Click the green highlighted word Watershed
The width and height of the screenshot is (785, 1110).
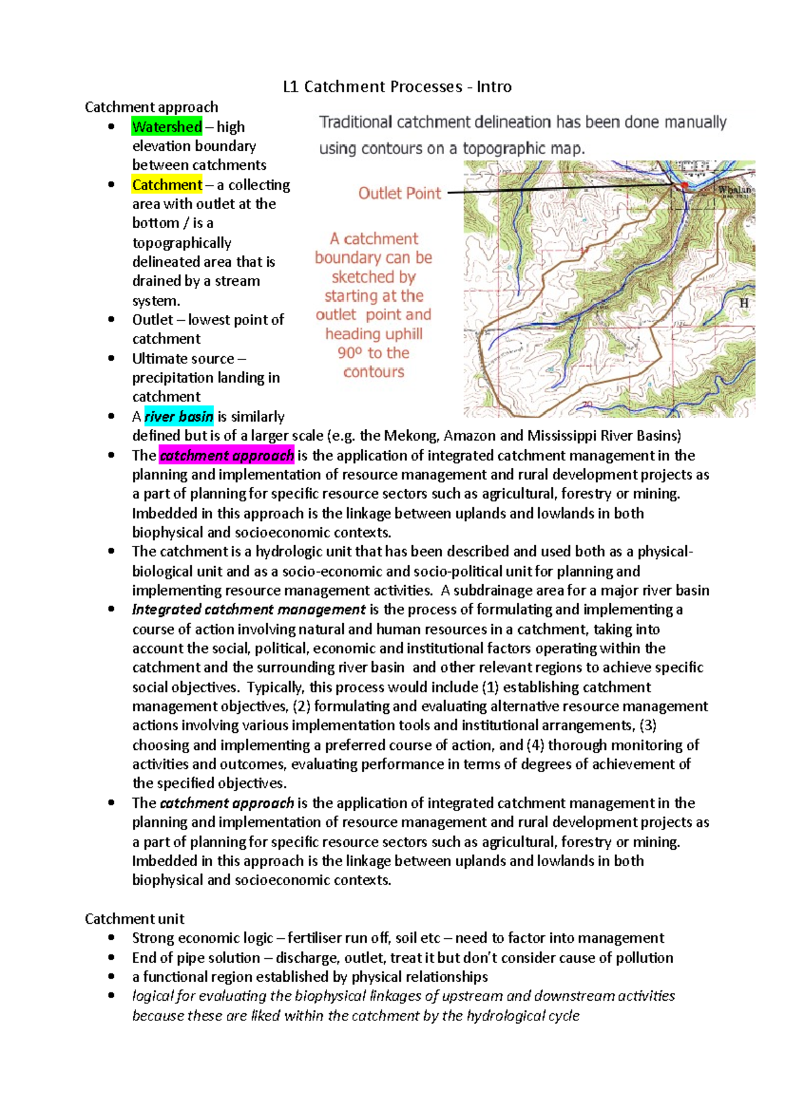click(x=167, y=127)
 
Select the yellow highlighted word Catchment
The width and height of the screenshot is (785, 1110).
click(x=167, y=185)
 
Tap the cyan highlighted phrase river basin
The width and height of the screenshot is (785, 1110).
click(x=179, y=416)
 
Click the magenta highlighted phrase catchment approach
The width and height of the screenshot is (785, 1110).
click(x=226, y=456)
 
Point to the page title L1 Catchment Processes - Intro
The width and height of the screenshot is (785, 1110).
click(x=397, y=87)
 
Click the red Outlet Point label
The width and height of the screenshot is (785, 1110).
click(x=400, y=193)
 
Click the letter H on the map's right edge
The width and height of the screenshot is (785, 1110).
click(x=743, y=303)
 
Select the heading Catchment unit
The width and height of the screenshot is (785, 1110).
click(x=135, y=918)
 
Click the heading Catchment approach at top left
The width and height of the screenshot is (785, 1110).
click(x=151, y=107)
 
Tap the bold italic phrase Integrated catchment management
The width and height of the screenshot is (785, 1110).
click(x=249, y=610)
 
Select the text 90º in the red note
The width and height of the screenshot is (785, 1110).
click(x=349, y=353)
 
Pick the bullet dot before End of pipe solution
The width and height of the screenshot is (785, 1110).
click(x=112, y=958)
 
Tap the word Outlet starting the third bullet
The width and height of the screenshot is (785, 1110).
click(x=152, y=320)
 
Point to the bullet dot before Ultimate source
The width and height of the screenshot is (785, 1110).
click(x=112, y=358)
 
